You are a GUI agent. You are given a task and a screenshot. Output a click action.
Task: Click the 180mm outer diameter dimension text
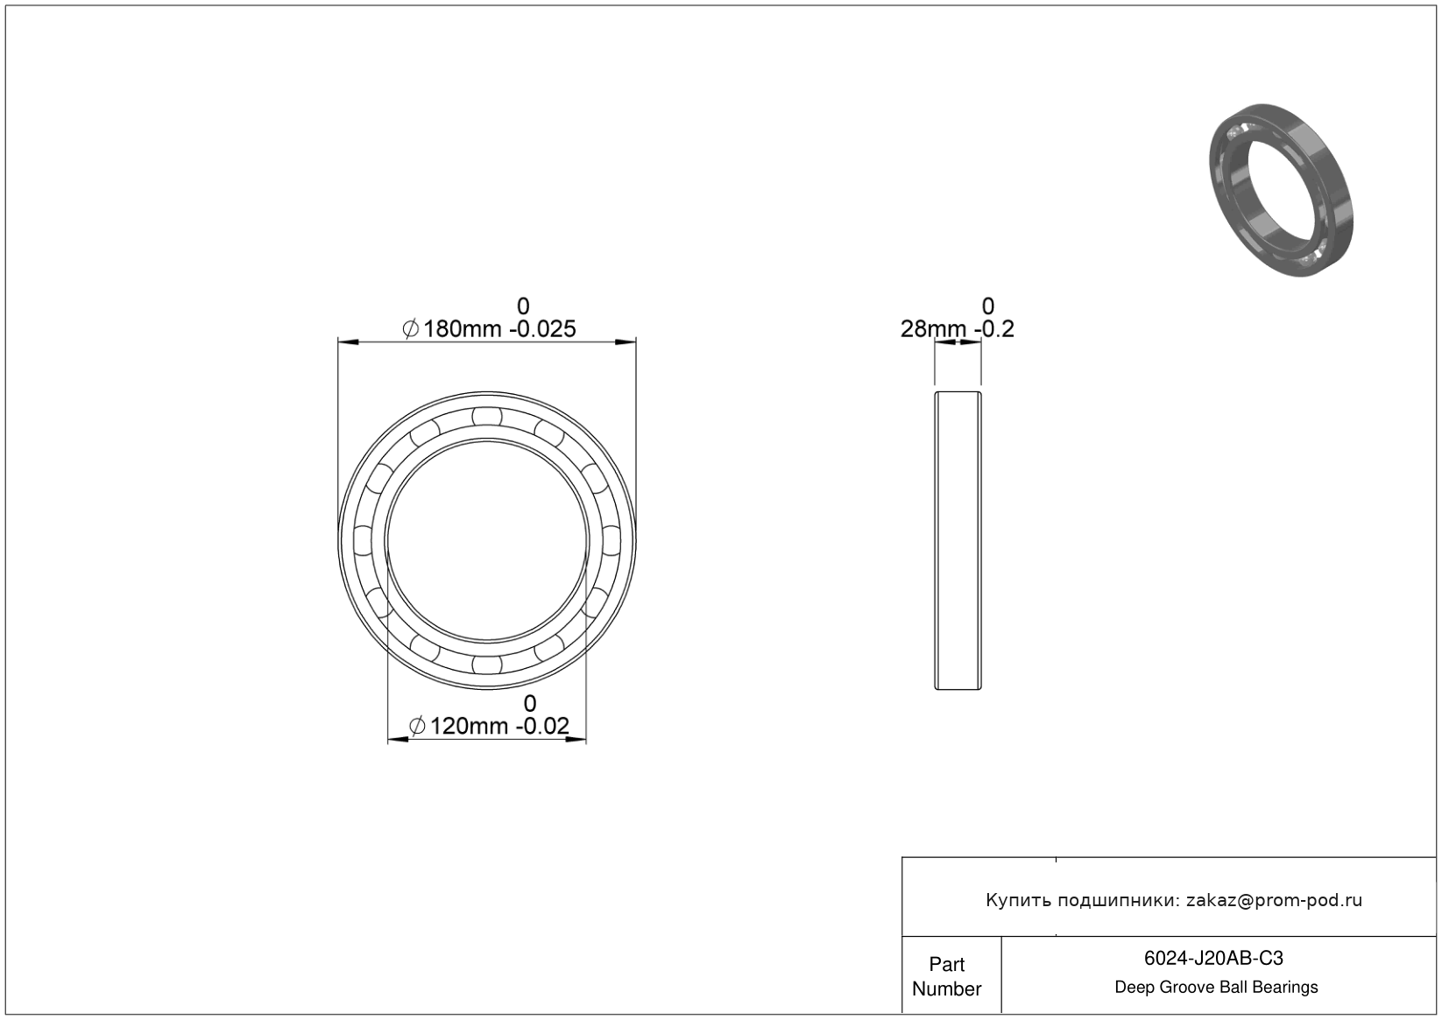click(x=462, y=329)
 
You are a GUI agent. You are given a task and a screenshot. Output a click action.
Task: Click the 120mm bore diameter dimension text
click(x=469, y=726)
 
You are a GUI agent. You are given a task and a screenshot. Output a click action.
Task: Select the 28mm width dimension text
click(x=933, y=329)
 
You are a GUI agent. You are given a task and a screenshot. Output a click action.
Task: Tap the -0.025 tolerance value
click(x=542, y=329)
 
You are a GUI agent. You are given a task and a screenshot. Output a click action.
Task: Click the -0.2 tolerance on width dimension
click(x=994, y=329)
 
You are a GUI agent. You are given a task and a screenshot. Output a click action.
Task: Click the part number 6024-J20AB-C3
click(x=1213, y=958)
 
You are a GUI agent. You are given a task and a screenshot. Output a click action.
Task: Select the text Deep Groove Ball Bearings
click(x=1216, y=987)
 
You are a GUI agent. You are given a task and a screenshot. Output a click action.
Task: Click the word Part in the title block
click(x=946, y=964)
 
